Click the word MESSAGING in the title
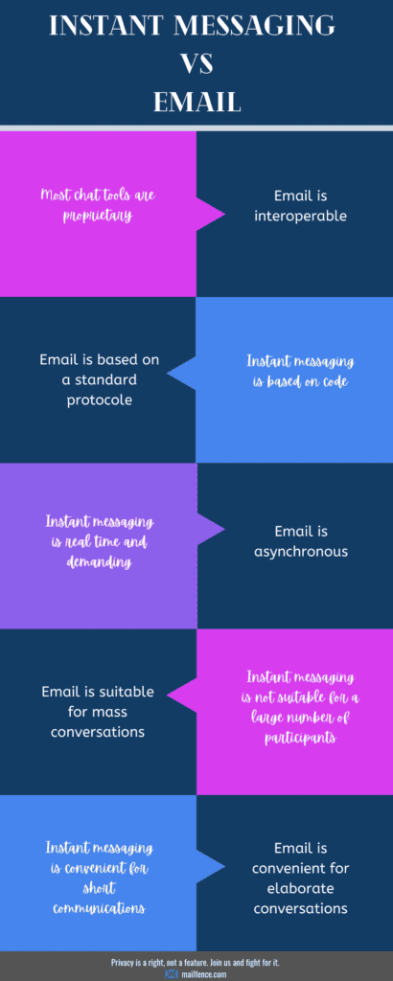244,25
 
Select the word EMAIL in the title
197,102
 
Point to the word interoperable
300,216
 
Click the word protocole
100,399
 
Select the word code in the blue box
335,381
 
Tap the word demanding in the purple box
99,562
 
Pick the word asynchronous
301,552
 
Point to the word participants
300,738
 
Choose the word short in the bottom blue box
99,888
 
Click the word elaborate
301,888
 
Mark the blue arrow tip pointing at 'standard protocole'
168,379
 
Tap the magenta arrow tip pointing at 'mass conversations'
168,712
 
